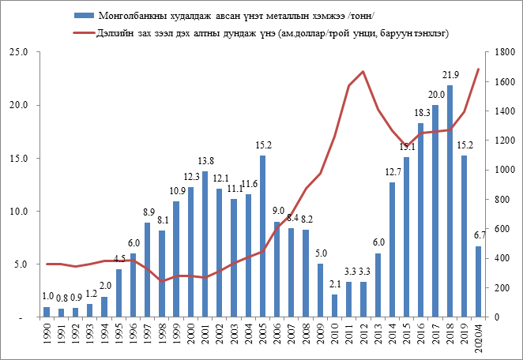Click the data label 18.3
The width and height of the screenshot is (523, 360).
click(421, 113)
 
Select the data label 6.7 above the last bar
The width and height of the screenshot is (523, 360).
click(480, 235)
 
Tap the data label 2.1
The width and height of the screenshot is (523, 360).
click(334, 284)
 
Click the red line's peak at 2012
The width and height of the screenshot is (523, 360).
click(363, 71)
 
